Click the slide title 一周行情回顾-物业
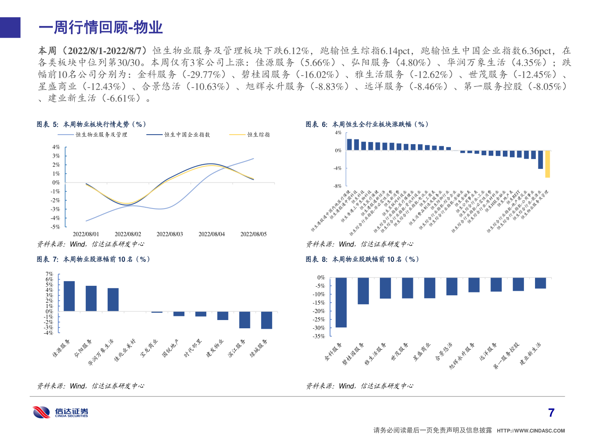click(101, 28)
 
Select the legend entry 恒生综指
click(258, 135)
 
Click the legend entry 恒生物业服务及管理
click(101, 135)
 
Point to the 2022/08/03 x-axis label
click(170, 234)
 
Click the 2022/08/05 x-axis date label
click(253, 234)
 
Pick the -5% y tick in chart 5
click(55, 227)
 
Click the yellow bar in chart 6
click(547, 164)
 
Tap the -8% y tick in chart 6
click(338, 186)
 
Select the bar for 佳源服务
click(69, 296)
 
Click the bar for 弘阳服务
click(91, 299)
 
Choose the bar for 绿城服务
click(266, 320)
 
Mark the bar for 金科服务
click(341, 302)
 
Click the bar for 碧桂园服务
click(363, 291)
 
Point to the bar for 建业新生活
click(540, 283)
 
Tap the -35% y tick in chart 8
click(319, 336)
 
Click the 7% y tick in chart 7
click(49, 274)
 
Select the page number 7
click(552, 413)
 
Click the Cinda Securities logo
click(60, 412)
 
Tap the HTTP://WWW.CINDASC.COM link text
click(530, 431)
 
